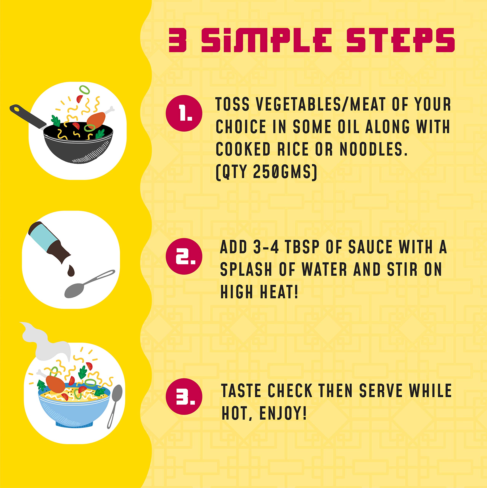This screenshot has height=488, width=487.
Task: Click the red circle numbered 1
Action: tap(184, 113)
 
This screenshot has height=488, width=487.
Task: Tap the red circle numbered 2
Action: tap(184, 256)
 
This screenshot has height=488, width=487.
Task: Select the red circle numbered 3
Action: tap(184, 396)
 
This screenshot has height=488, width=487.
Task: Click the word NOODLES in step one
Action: tap(373, 149)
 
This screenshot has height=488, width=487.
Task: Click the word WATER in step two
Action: tap(325, 269)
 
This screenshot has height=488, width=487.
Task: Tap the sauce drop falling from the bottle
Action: tap(71, 270)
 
